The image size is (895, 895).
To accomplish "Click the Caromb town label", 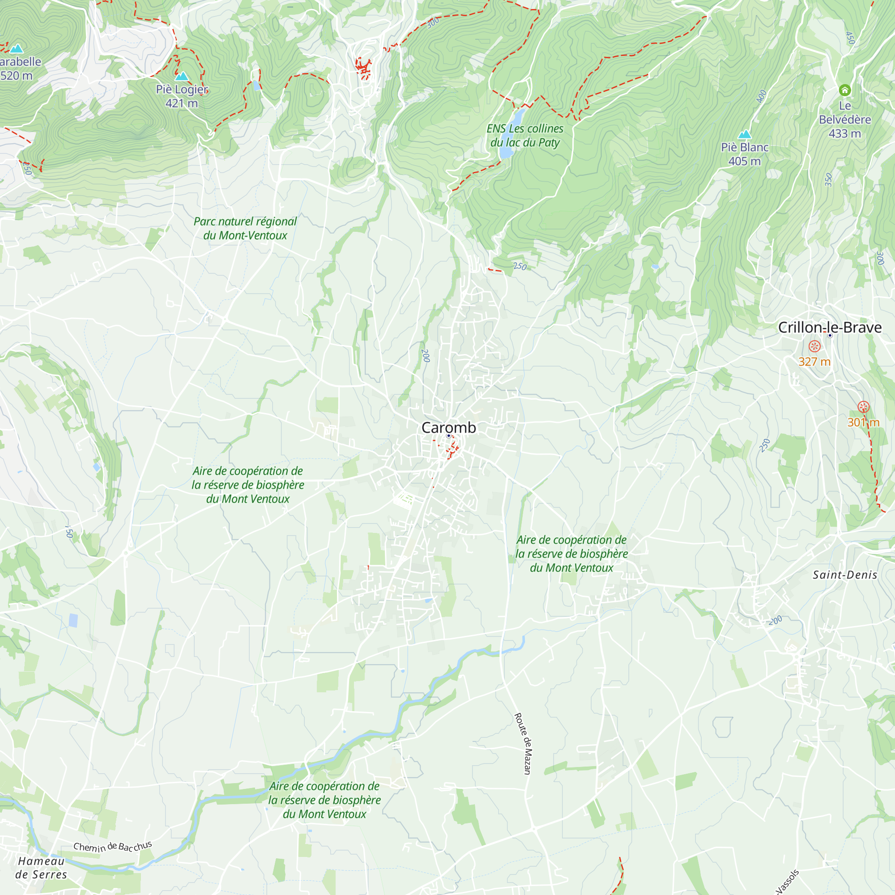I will click(x=448, y=427).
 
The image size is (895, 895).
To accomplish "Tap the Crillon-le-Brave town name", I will click(x=830, y=328).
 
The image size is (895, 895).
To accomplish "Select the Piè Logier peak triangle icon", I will click(x=182, y=77).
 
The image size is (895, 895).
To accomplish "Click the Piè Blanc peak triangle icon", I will click(x=745, y=135).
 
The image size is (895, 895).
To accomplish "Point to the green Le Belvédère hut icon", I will click(x=844, y=90).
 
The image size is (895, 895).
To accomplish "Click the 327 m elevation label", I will click(x=814, y=362).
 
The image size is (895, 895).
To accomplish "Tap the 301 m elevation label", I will click(x=863, y=422).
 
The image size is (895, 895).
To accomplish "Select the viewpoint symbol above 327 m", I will click(x=814, y=346).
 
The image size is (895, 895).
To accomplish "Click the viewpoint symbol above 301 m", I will click(x=863, y=407).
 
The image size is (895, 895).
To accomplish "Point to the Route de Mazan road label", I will click(x=524, y=743).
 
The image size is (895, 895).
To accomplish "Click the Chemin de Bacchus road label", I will click(x=113, y=846).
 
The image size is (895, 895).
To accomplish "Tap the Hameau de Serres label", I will click(x=41, y=868).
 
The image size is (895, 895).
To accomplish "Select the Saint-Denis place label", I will click(x=845, y=575).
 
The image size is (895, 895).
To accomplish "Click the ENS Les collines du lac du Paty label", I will click(x=525, y=135).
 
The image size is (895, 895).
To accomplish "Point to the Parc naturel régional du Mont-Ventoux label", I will click(x=245, y=228).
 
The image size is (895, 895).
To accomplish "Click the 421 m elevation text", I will click(x=182, y=103).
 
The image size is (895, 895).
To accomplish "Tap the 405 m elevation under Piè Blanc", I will click(x=745, y=161).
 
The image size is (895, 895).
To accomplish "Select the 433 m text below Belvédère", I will click(x=844, y=133).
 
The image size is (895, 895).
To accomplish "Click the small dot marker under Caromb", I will click(x=448, y=436).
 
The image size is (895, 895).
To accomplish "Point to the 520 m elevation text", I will click(x=17, y=76).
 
